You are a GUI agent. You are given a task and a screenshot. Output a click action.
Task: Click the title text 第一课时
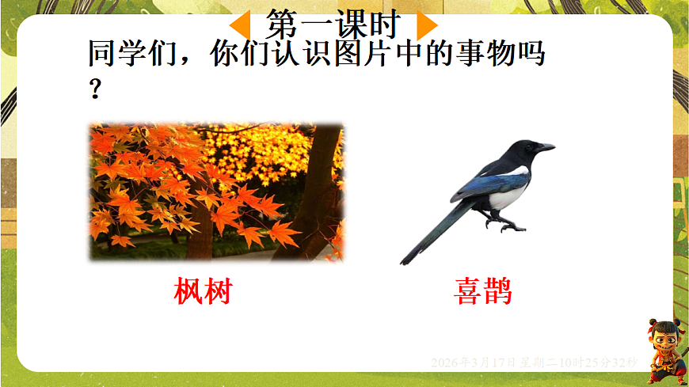(332, 25)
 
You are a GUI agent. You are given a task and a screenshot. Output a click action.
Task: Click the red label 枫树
(203, 291)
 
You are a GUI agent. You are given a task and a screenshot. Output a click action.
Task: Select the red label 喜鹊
(483, 291)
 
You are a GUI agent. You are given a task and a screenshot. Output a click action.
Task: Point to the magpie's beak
(546, 147)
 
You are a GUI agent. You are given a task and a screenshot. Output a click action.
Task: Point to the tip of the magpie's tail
(405, 260)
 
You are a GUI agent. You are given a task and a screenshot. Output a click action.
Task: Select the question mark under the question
(95, 89)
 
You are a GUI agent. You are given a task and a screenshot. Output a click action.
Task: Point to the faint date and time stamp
(534, 362)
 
